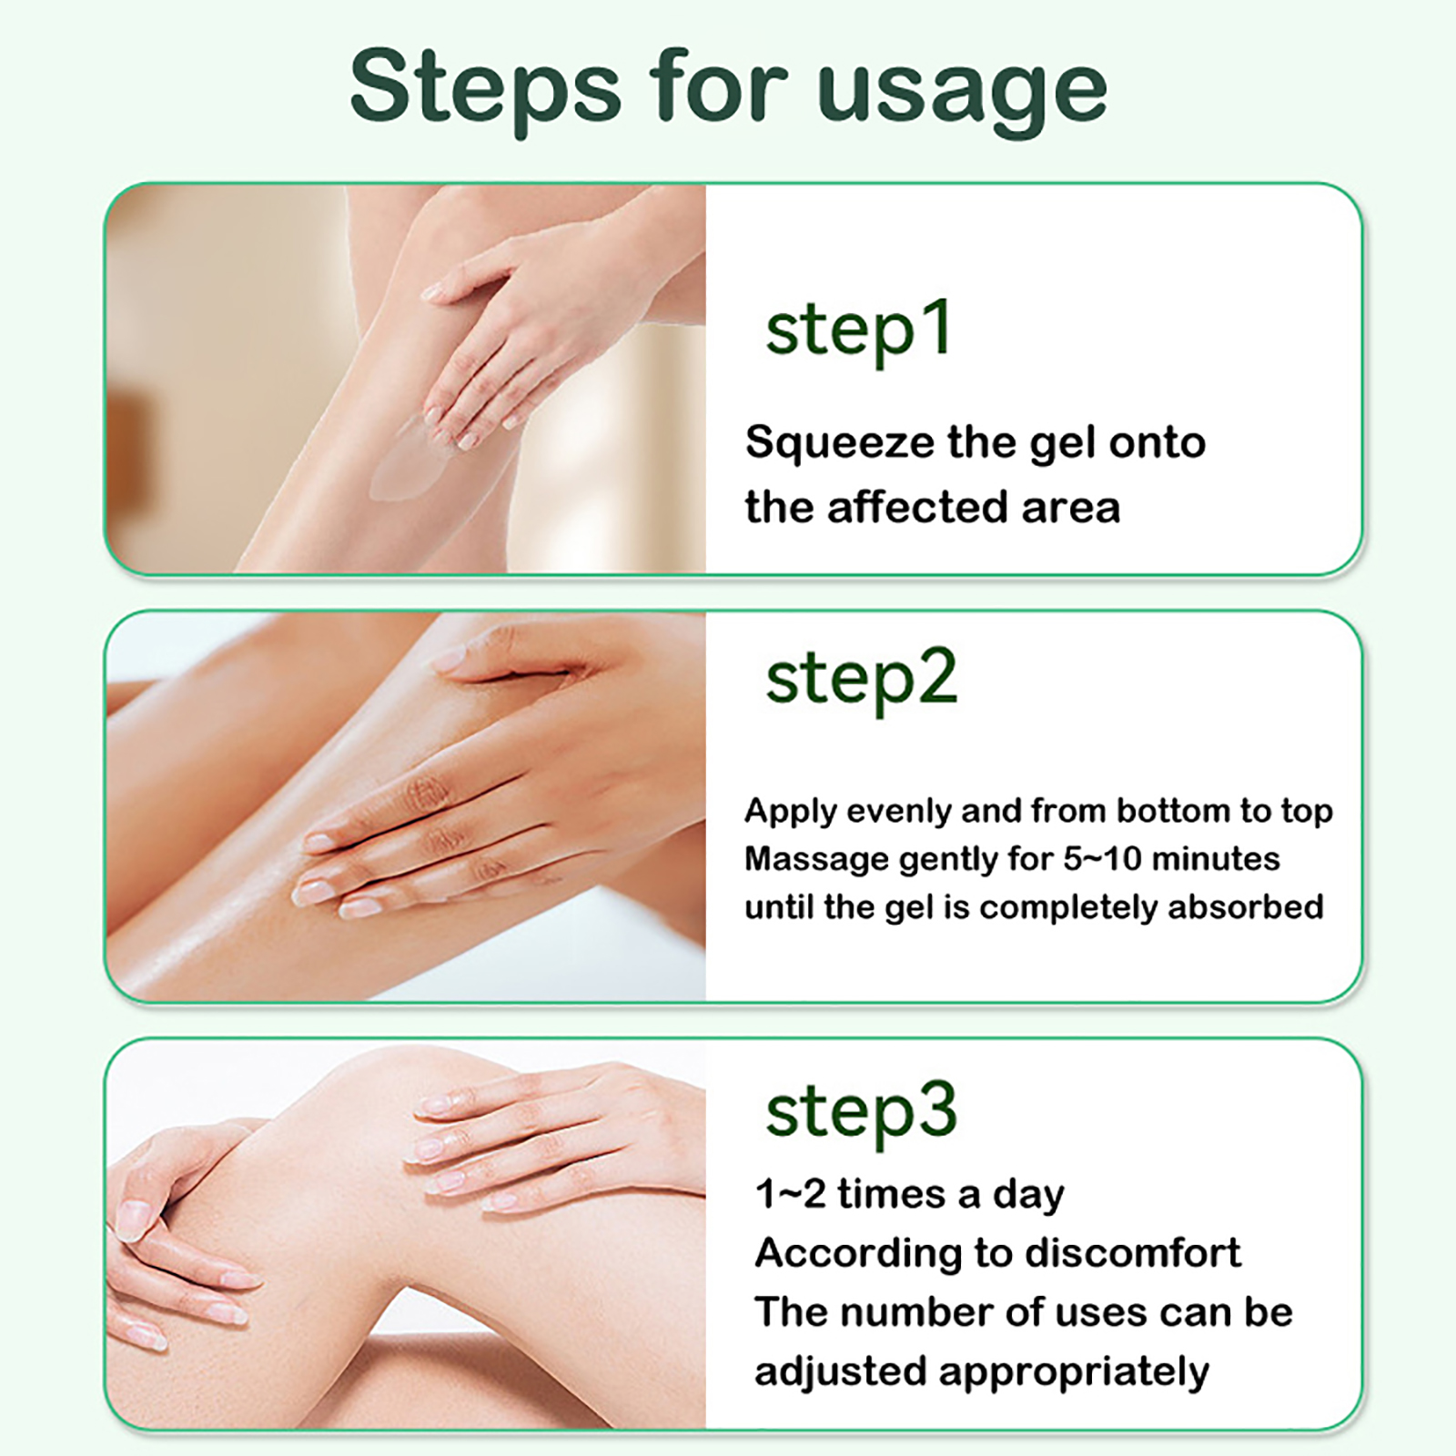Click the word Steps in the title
pyautogui.click(x=486, y=89)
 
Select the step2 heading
pyautogui.click(x=862, y=681)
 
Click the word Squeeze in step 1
pyautogui.click(x=840, y=444)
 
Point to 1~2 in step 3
pyautogui.click(x=790, y=1194)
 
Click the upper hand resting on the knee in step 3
pyautogui.click(x=555, y=1137)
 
